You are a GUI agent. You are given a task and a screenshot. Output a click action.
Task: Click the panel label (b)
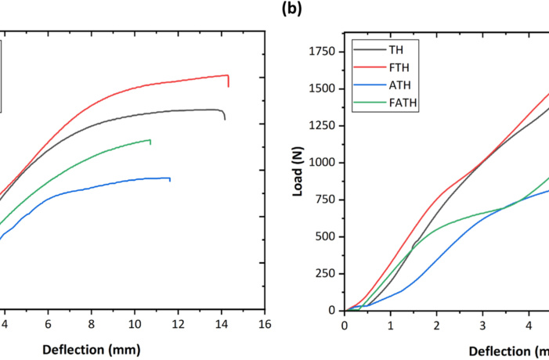pyautogui.click(x=291, y=9)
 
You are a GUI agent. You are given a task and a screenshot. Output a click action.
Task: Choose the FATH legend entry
pyautogui.click(x=385, y=103)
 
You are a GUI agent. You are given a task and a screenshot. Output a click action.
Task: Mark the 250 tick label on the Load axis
pyautogui.click(x=325, y=274)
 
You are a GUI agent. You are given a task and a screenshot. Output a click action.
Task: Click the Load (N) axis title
pyautogui.click(x=298, y=171)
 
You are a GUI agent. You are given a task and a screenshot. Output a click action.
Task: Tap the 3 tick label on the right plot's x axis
pyautogui.click(x=482, y=326)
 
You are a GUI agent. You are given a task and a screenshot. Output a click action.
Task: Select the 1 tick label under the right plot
pyautogui.click(x=390, y=326)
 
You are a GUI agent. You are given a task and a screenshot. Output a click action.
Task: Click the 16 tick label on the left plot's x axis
pyautogui.click(x=265, y=324)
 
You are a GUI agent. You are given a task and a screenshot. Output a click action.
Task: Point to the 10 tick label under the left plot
pyautogui.click(x=135, y=324)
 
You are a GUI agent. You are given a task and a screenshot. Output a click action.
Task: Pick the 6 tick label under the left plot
pyautogui.click(x=48, y=324)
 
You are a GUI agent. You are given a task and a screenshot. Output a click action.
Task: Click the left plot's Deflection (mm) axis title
pyautogui.click(x=92, y=350)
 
